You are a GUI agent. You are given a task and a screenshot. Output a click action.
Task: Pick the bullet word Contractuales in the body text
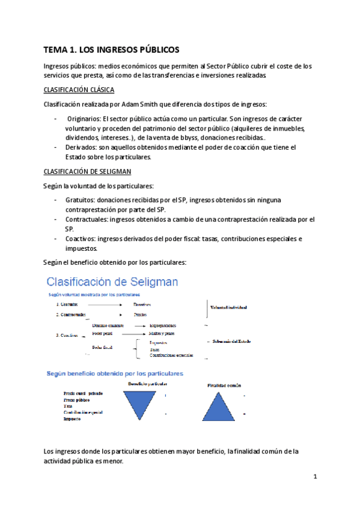87,220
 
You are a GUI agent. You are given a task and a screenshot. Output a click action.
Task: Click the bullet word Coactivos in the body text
81,239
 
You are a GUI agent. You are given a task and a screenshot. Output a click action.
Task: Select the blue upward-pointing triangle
225,405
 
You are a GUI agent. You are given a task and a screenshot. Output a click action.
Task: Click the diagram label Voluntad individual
228,308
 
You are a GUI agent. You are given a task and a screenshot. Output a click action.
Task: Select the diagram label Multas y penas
162,333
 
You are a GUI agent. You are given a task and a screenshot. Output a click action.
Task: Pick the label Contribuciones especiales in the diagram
172,355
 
